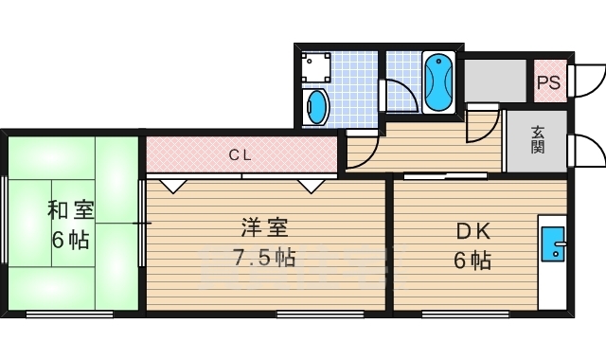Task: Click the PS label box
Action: [x=548, y=82]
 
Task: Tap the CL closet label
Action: [x=240, y=154]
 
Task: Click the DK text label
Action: [x=473, y=229]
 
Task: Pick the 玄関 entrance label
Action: [x=537, y=139]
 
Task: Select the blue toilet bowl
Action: [x=315, y=107]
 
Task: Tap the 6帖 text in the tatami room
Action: [x=71, y=241]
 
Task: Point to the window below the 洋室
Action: [x=319, y=313]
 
